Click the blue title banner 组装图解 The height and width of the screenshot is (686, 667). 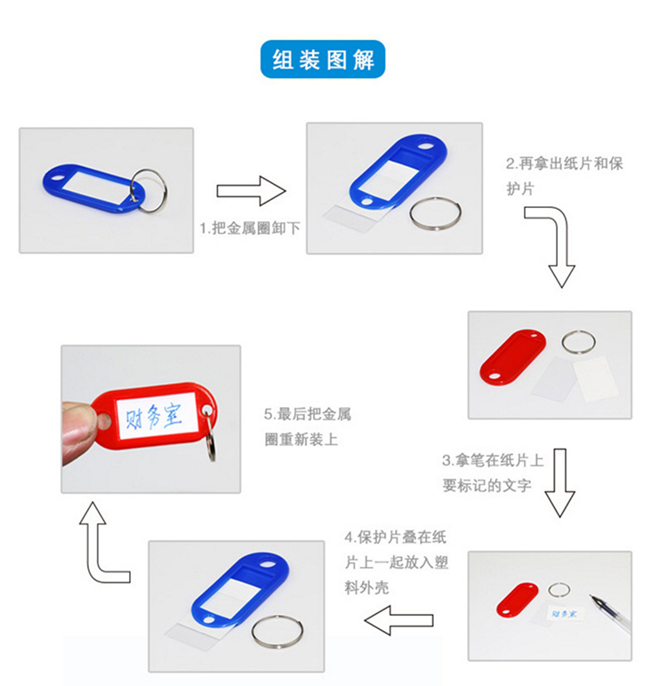click(324, 60)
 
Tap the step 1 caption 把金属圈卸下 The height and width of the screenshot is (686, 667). click(250, 227)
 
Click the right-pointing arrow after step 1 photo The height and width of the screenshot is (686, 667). click(251, 190)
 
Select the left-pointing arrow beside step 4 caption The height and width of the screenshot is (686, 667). click(401, 619)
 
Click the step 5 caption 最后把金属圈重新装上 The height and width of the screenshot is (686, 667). click(308, 427)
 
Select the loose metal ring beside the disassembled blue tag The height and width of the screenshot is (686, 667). click(435, 214)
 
